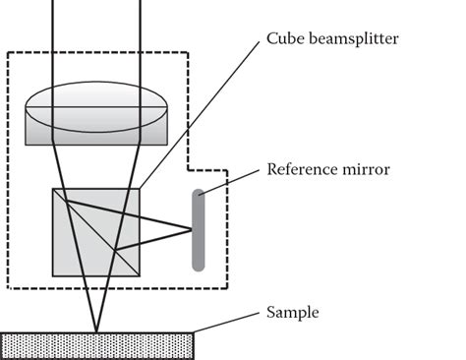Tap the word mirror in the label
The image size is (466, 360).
point(366,169)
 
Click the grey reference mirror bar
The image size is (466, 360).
point(198,228)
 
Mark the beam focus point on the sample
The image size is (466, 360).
point(96,332)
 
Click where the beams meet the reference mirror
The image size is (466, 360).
point(191,231)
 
